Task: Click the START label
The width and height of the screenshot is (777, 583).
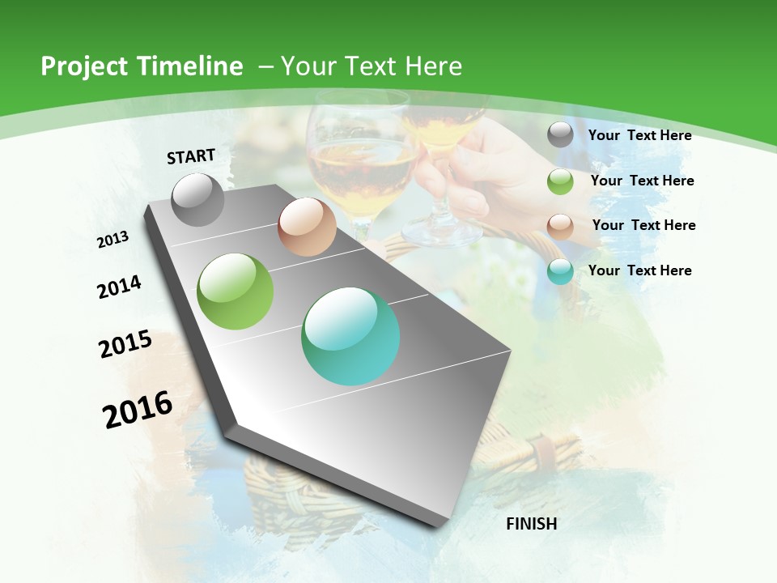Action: pyautogui.click(x=191, y=156)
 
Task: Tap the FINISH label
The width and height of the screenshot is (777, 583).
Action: pyautogui.click(x=532, y=524)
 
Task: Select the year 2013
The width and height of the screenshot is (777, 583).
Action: pyautogui.click(x=113, y=239)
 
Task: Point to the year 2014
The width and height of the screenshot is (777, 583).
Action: pyautogui.click(x=120, y=287)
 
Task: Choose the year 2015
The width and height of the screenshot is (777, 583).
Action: pyautogui.click(x=125, y=344)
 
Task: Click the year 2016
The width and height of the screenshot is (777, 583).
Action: pyautogui.click(x=138, y=409)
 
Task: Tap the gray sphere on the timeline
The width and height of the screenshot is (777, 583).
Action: pyautogui.click(x=198, y=199)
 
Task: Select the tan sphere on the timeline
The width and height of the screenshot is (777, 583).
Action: pyautogui.click(x=307, y=227)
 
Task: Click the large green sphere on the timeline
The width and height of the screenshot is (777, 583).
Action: pyautogui.click(x=236, y=291)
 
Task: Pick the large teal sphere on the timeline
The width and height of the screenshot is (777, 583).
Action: pyautogui.click(x=350, y=336)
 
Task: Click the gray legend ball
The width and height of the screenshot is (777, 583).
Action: pyautogui.click(x=560, y=135)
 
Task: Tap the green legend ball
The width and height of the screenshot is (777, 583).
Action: pyautogui.click(x=560, y=181)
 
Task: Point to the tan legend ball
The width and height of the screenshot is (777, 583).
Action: pyautogui.click(x=560, y=227)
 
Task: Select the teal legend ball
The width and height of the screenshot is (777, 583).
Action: pyautogui.click(x=560, y=271)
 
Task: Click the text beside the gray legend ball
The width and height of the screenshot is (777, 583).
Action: pyautogui.click(x=639, y=135)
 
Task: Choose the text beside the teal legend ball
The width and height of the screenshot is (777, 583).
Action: pyautogui.click(x=639, y=270)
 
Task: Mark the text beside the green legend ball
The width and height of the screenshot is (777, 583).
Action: pyautogui.click(x=642, y=181)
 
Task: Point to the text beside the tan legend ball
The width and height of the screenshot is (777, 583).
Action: pyautogui.click(x=643, y=225)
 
